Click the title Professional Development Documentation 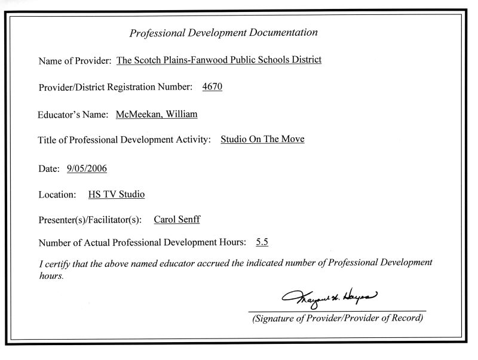click(223, 33)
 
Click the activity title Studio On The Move click(262, 140)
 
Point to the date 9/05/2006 click(87, 169)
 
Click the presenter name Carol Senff click(177, 220)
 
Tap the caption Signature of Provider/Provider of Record click(338, 318)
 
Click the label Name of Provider click(75, 61)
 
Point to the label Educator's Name click(73, 114)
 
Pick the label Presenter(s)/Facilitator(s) click(90, 220)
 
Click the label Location click(57, 195)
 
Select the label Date click(50, 169)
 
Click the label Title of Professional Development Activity click(124, 140)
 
